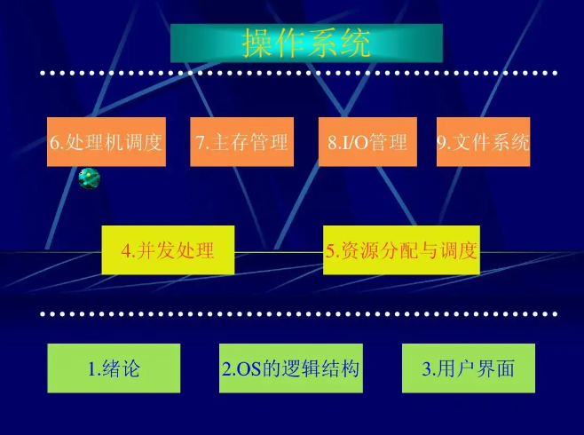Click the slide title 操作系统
[306, 43]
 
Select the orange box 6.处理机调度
[107, 142]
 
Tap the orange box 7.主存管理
[241, 142]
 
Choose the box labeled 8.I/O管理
[367, 142]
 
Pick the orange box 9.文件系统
[483, 142]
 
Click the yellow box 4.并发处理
[168, 250]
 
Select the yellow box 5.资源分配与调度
[401, 250]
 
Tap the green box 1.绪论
[114, 368]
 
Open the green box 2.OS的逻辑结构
[291, 368]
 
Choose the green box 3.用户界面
[469, 368]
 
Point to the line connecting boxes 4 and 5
[278, 252]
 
